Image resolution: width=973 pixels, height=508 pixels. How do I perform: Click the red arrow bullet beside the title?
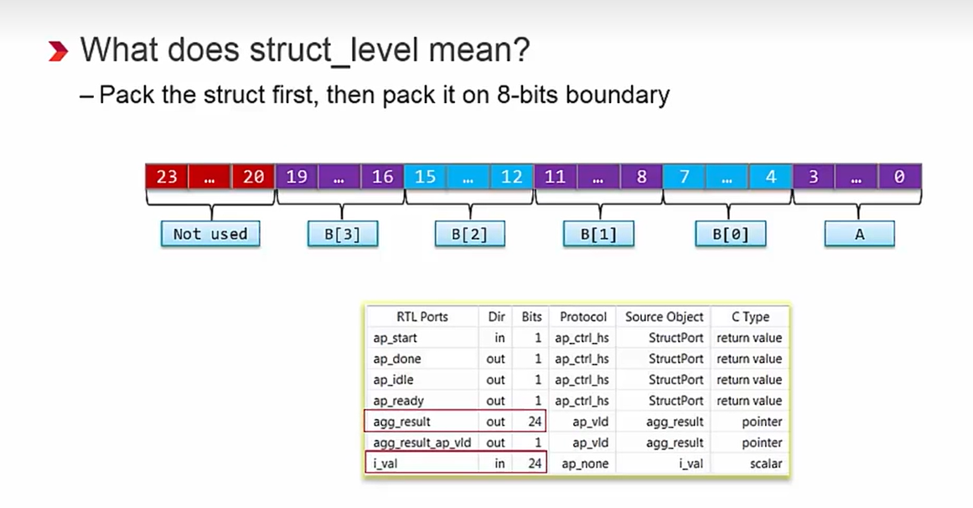[58, 52]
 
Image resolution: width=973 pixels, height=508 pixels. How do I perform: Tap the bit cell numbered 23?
[166, 176]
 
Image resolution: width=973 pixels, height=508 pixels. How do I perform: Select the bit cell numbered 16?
[382, 176]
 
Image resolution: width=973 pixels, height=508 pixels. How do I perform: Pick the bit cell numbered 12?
[511, 176]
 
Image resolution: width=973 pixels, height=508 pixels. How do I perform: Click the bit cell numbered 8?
[641, 176]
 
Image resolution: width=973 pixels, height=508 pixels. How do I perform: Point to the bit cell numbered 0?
[899, 176]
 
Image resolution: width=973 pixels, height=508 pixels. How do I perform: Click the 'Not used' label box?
[210, 234]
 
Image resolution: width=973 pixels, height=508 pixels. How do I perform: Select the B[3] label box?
[341, 234]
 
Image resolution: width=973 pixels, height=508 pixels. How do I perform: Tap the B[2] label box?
[469, 234]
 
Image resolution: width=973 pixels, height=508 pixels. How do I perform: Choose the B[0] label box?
[730, 234]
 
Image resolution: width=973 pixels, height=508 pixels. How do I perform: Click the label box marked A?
[859, 234]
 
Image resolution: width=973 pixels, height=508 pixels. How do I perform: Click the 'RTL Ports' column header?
[422, 317]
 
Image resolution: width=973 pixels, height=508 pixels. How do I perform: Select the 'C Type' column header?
[749, 317]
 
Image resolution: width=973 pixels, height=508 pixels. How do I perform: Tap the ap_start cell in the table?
[395, 338]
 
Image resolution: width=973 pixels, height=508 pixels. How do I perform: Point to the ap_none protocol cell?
[585, 464]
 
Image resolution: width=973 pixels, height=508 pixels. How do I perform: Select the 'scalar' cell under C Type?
[765, 464]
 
